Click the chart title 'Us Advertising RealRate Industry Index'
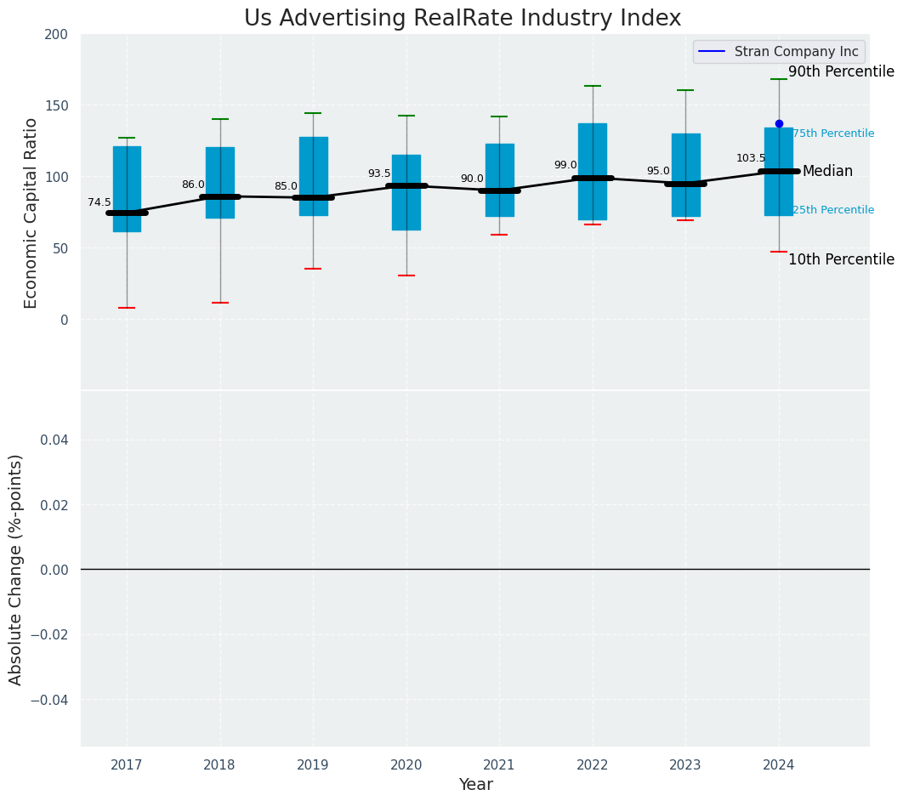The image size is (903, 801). pos(463,19)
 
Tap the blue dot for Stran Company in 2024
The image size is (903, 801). pos(779,123)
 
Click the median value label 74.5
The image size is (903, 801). pos(99,202)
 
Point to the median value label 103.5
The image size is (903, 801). pos(751,158)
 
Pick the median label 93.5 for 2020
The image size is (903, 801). pos(379,173)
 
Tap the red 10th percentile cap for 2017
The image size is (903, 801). pos(127,308)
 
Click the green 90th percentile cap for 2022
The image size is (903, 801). pos(593,86)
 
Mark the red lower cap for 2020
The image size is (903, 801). pos(406,276)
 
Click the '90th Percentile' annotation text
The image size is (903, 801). pos(841,72)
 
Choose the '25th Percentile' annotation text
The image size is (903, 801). pos(833,210)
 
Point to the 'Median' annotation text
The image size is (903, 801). pos(827,172)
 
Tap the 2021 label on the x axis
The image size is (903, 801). pos(499,765)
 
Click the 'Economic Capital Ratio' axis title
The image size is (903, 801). pos(31,213)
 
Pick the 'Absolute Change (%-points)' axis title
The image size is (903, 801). pos(16,569)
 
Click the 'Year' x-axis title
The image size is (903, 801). pos(475,785)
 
